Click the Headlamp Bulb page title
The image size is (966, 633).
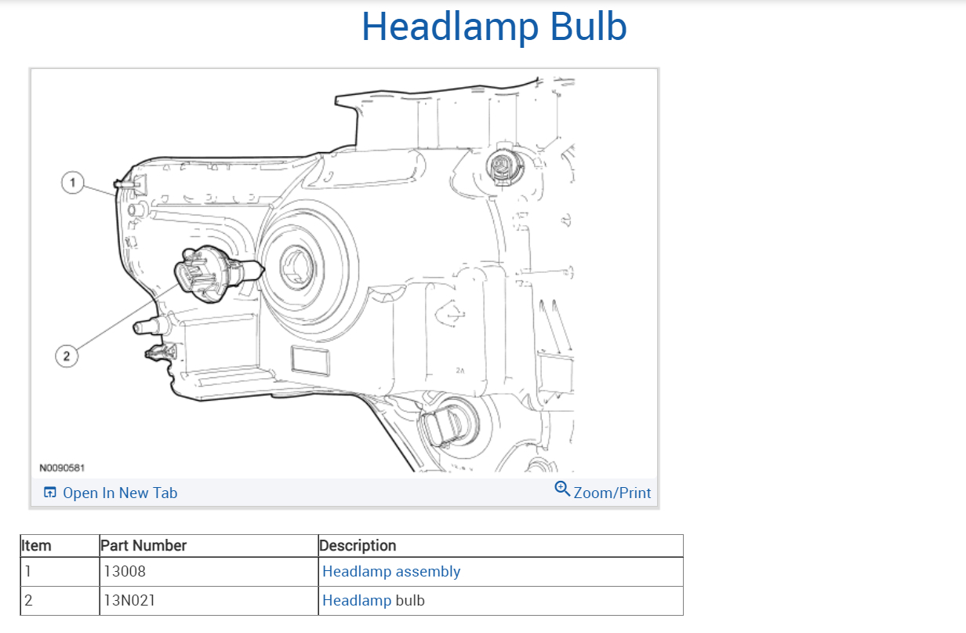tap(494, 28)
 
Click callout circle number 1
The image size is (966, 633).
tap(73, 183)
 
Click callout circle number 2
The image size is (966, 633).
tap(67, 356)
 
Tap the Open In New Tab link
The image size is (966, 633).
tap(120, 493)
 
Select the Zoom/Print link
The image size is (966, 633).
tap(612, 493)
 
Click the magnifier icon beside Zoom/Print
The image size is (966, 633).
tap(562, 489)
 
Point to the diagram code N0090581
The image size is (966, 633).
tap(62, 467)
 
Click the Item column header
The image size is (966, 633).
tap(36, 545)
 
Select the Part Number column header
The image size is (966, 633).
tap(144, 545)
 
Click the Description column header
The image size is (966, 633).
tap(358, 545)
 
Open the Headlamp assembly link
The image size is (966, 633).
tap(391, 572)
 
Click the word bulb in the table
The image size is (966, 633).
tap(410, 601)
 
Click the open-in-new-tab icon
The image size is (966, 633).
tap(50, 493)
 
